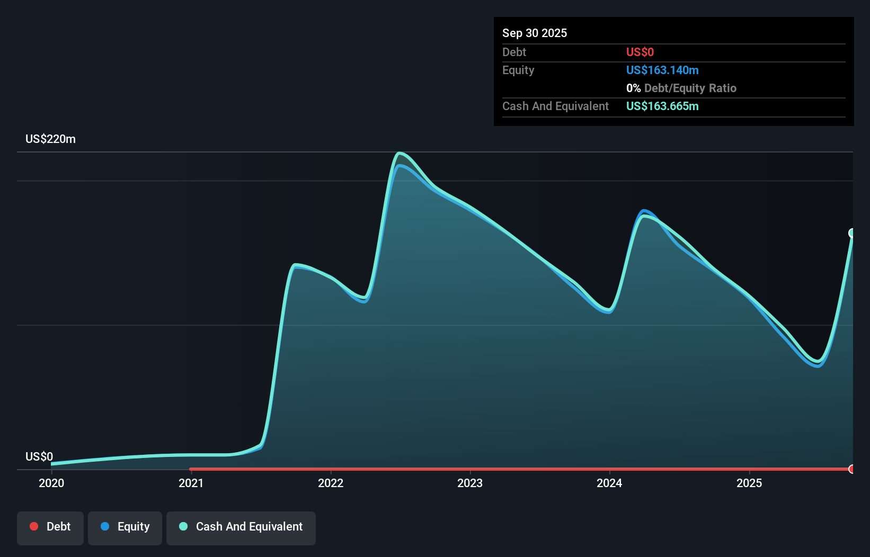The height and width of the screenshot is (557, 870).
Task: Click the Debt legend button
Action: click(x=50, y=527)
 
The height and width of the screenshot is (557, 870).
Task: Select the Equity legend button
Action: click(x=125, y=527)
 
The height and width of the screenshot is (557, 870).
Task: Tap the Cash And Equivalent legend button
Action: click(x=241, y=527)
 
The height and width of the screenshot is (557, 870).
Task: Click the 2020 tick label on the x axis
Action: click(x=51, y=483)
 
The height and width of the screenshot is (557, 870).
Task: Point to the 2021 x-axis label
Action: click(x=191, y=483)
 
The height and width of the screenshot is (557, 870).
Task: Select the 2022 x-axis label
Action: click(x=331, y=483)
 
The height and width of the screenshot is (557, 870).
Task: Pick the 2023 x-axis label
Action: click(x=470, y=483)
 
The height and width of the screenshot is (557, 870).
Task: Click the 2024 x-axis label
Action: click(x=609, y=483)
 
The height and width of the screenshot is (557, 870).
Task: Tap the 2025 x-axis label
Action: click(x=749, y=483)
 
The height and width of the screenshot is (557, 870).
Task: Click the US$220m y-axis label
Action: click(x=50, y=139)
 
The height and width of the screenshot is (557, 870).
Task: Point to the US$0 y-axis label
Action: click(x=39, y=456)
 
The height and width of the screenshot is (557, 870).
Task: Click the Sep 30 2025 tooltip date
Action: click(x=534, y=33)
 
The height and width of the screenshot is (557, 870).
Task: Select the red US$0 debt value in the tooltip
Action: click(x=640, y=52)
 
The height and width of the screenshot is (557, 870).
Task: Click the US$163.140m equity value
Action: click(x=662, y=70)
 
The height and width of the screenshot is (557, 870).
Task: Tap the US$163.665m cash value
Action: click(x=662, y=106)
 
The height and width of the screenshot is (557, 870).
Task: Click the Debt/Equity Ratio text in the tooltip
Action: click(x=690, y=88)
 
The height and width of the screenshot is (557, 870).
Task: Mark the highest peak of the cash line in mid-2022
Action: click(x=400, y=154)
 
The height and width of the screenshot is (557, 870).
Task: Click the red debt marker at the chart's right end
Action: click(x=852, y=469)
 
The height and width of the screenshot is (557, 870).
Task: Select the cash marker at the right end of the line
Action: click(x=852, y=233)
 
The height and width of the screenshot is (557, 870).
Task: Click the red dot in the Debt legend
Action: click(x=34, y=526)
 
